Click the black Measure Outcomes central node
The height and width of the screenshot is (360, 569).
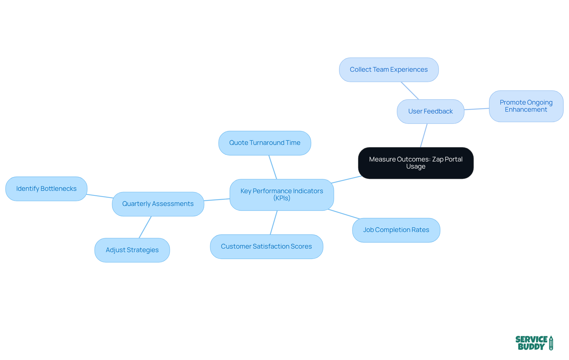[415, 163]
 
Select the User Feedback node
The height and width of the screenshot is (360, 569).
[430, 111]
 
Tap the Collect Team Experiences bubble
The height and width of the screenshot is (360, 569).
[389, 70]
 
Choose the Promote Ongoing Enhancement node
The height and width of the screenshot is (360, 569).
[526, 106]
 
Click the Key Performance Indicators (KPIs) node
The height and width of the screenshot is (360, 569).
[282, 195]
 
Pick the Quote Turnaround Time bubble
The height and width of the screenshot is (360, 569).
[265, 143]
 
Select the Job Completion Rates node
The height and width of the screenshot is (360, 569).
[396, 230]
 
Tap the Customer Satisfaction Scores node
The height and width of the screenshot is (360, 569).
[266, 247]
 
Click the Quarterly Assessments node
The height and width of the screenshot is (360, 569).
[158, 204]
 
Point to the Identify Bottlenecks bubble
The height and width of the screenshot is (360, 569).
[46, 189]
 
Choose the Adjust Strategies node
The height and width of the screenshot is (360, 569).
[132, 250]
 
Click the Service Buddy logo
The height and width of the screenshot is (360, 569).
[534, 343]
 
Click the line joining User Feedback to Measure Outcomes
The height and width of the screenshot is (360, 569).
[424, 135]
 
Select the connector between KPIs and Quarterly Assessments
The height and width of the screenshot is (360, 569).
[217, 200]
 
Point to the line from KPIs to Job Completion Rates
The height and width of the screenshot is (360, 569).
[344, 214]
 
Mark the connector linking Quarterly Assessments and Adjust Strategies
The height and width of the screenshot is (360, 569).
[145, 227]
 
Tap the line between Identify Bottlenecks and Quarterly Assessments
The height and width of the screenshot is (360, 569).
[100, 196]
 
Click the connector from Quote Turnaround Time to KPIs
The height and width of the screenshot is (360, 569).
[273, 167]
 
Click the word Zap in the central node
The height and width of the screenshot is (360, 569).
[438, 159]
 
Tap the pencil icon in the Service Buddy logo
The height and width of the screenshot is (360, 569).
[551, 343]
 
